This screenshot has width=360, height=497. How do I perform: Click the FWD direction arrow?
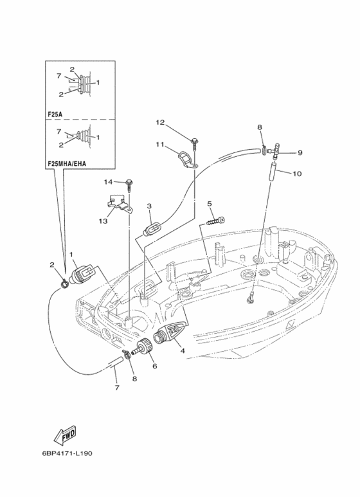[66, 434]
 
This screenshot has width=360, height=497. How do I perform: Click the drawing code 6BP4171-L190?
[67, 453]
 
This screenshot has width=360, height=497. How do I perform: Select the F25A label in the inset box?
[55, 114]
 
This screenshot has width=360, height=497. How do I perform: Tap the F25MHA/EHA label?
[67, 164]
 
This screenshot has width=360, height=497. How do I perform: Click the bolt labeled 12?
[194, 143]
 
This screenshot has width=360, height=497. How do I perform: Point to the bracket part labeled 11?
[186, 159]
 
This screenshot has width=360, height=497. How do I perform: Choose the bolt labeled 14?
[130, 185]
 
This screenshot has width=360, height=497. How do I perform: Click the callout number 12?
[160, 122]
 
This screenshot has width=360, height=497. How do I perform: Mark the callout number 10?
[298, 174]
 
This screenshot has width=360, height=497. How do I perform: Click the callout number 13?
[103, 221]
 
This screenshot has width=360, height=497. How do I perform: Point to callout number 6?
[155, 366]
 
